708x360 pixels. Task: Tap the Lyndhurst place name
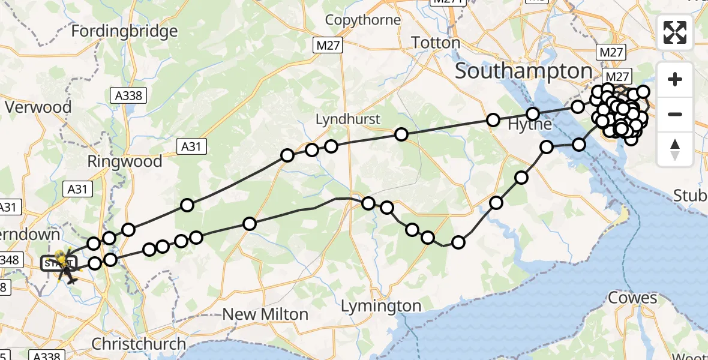348,119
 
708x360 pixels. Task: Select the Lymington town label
381,307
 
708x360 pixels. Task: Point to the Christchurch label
139,344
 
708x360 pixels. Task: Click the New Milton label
265,314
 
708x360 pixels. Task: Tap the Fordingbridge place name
124,31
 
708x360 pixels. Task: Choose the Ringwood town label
125,161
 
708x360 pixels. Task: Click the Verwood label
38,107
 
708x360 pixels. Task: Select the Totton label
436,43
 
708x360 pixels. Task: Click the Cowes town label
632,298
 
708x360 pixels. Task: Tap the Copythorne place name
363,20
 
